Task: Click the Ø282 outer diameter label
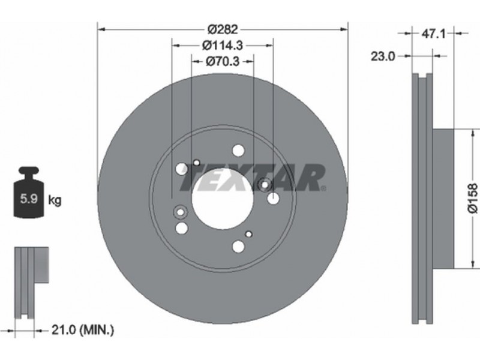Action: pos(223,29)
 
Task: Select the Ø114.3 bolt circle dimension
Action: pos(223,46)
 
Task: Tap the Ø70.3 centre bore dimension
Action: pos(223,62)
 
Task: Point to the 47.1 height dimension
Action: pos(433,34)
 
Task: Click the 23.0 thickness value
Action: pos(383,56)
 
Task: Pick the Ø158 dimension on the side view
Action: pos(472,198)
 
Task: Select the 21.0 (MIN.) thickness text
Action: pos(83,330)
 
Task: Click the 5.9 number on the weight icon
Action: pos(28,199)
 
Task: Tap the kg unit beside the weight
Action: pos(55,200)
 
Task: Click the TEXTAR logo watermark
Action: pos(253,178)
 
